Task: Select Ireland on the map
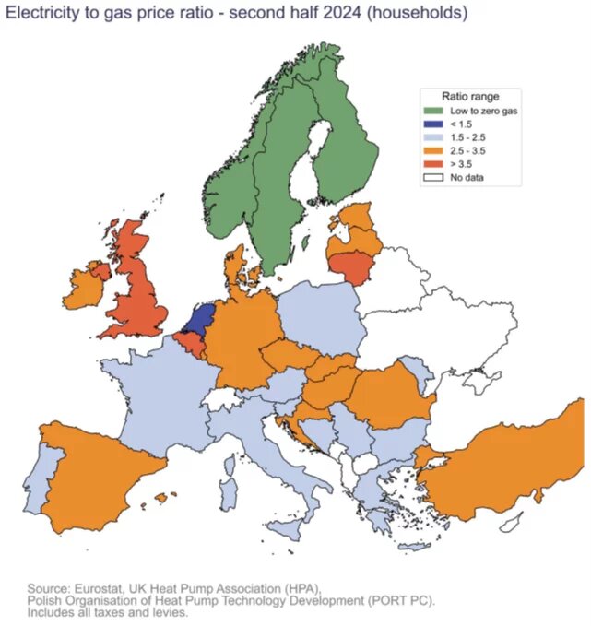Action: click(86, 286)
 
